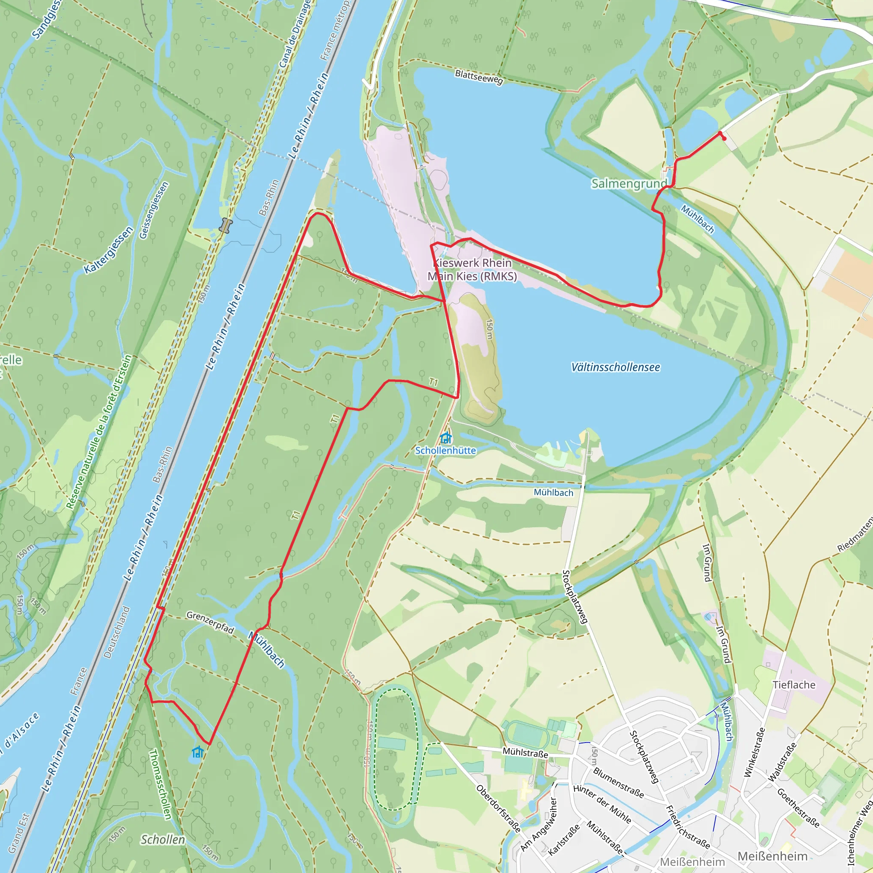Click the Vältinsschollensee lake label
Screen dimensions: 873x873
click(615, 367)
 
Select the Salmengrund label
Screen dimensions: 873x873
click(629, 183)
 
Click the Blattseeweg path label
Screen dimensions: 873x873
click(479, 77)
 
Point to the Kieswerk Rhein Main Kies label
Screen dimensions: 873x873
click(472, 269)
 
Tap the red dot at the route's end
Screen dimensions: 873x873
click(724, 139)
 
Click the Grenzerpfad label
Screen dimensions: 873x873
click(210, 623)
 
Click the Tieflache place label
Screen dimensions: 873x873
click(794, 685)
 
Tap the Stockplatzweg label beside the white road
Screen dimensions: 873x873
click(574, 597)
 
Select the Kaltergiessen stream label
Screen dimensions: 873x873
click(109, 250)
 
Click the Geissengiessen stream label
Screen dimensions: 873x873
click(154, 210)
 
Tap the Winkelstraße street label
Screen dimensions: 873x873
click(754, 752)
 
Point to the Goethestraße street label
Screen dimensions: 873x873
click(798, 807)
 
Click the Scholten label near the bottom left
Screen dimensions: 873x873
click(163, 840)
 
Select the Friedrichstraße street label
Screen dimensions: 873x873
click(688, 827)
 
